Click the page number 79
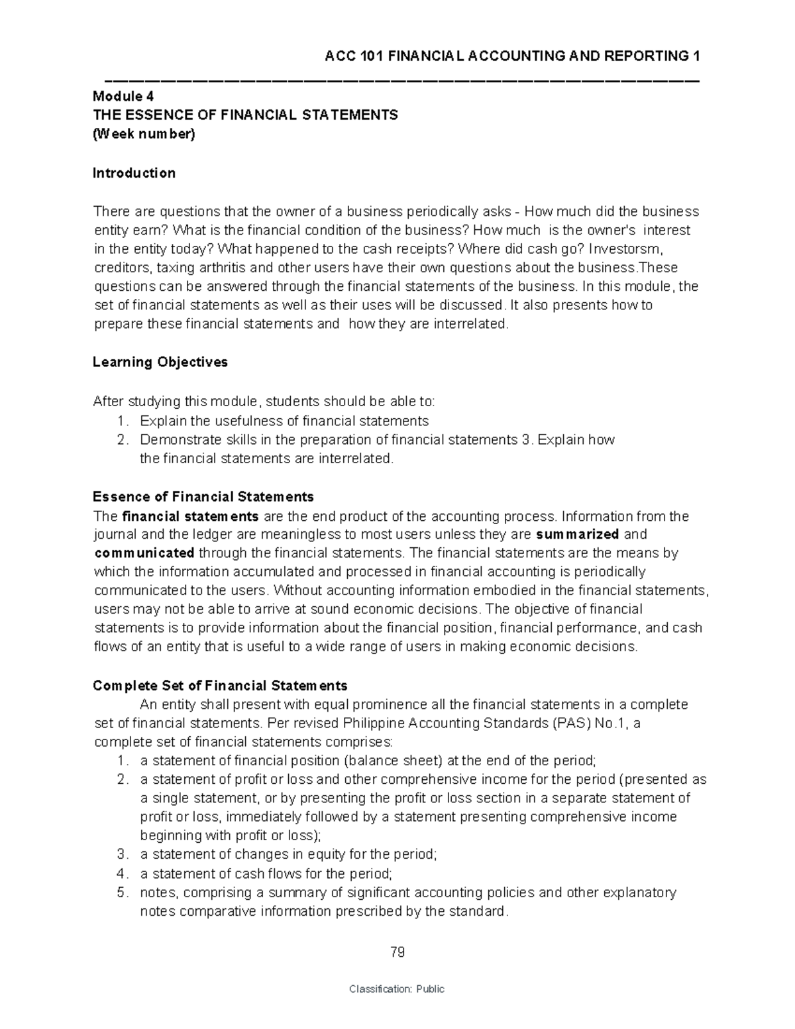[397, 953]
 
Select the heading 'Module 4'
[123, 96]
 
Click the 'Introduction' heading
[134, 173]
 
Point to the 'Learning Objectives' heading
[160, 362]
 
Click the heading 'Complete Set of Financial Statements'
[220, 685]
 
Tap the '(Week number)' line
[144, 135]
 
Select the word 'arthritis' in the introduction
[215, 268]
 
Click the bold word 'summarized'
[577, 534]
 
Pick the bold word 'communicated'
[144, 553]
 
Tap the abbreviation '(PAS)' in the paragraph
[568, 722]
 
